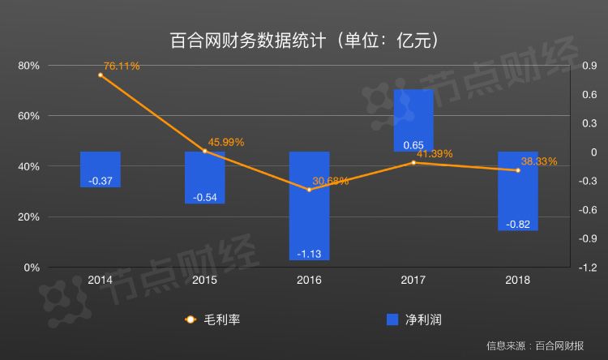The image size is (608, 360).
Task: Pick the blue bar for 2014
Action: tap(101, 169)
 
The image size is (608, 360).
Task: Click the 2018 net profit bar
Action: tap(517, 191)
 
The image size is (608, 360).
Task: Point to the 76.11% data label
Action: tap(122, 64)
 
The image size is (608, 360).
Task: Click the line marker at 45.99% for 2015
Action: tap(204, 151)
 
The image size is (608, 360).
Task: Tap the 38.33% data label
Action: tap(538, 161)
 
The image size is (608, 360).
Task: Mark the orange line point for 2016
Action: tap(309, 190)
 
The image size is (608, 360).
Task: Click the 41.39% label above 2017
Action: tap(435, 153)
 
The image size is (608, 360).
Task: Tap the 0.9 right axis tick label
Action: tap(589, 66)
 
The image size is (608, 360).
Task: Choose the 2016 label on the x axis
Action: tap(309, 280)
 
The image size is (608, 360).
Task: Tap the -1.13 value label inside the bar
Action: tap(309, 253)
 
